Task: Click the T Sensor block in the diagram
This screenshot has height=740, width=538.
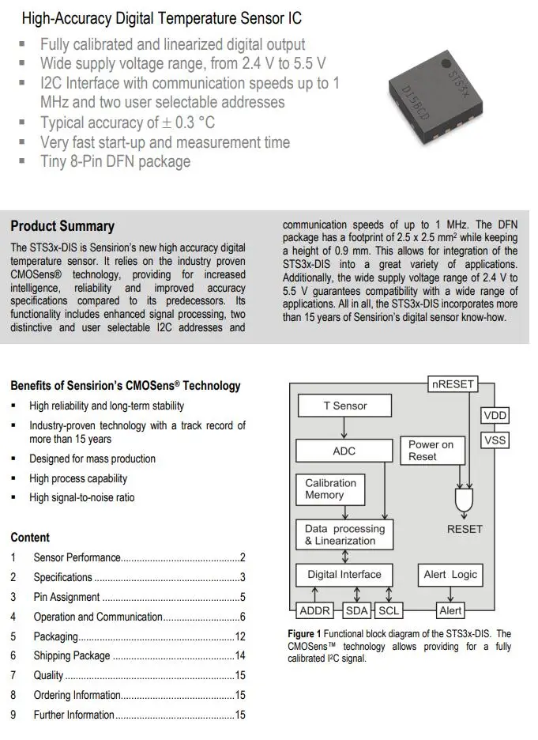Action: pyautogui.click(x=344, y=406)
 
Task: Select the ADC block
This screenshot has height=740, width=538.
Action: pyautogui.click(x=344, y=451)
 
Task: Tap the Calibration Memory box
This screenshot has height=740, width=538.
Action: pyautogui.click(x=330, y=489)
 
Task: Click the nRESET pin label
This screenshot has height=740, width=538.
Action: pyautogui.click(x=453, y=384)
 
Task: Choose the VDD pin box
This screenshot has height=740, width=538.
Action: pyautogui.click(x=495, y=416)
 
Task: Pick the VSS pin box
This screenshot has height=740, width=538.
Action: pyautogui.click(x=495, y=440)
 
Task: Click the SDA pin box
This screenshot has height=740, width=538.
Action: pyautogui.click(x=357, y=611)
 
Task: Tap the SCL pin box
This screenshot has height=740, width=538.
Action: pyautogui.click(x=388, y=611)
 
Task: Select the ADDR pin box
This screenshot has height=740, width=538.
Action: pyautogui.click(x=315, y=611)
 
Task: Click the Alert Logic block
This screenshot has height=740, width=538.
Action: pyautogui.click(x=450, y=575)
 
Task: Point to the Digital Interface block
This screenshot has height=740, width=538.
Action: pyautogui.click(x=344, y=575)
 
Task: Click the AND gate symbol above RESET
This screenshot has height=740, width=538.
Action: pyautogui.click(x=464, y=500)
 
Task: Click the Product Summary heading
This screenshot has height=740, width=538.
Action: pyautogui.click(x=62, y=226)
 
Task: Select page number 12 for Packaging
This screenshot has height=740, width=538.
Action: pyautogui.click(x=240, y=636)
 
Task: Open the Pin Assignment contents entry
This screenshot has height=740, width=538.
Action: pyautogui.click(x=66, y=598)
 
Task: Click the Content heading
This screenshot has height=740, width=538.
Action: pyautogui.click(x=30, y=538)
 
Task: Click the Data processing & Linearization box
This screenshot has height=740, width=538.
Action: pyautogui.click(x=344, y=535)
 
